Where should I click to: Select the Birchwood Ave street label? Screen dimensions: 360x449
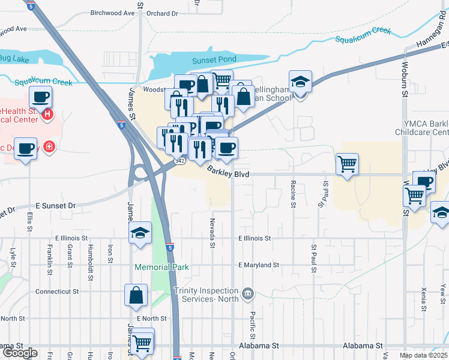coord(112,13)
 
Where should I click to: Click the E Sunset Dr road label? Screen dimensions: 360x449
coord(55,205)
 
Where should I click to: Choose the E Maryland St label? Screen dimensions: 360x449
coord(259,265)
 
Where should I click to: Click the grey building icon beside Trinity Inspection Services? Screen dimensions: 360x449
coord(247,295)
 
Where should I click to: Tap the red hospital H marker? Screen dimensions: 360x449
coord(47,114)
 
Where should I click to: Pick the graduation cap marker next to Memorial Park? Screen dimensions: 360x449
coord(140,233)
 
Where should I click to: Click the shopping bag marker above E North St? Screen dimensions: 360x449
coord(136,295)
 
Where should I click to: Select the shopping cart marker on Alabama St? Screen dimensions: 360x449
coord(142,343)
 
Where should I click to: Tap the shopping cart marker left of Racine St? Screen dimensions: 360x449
coord(348,163)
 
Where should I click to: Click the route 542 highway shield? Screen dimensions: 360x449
coord(180,161)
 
